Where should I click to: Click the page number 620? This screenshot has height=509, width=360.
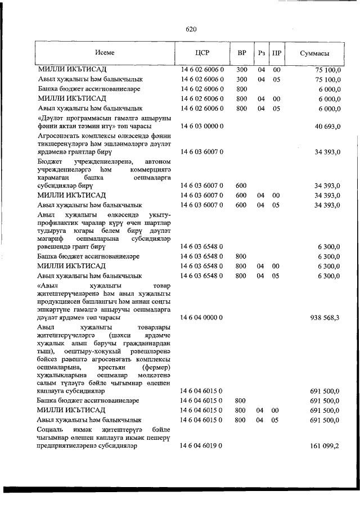pyautogui.click(x=190, y=30)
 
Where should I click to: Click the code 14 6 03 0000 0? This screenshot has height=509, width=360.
pyautogui.click(x=202, y=127)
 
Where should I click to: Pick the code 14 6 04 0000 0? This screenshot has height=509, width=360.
pyautogui.click(x=202, y=317)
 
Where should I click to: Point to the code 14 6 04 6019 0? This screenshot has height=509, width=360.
pyautogui.click(x=202, y=445)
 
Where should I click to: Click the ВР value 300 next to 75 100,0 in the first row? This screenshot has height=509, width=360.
pyautogui.click(x=242, y=70)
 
